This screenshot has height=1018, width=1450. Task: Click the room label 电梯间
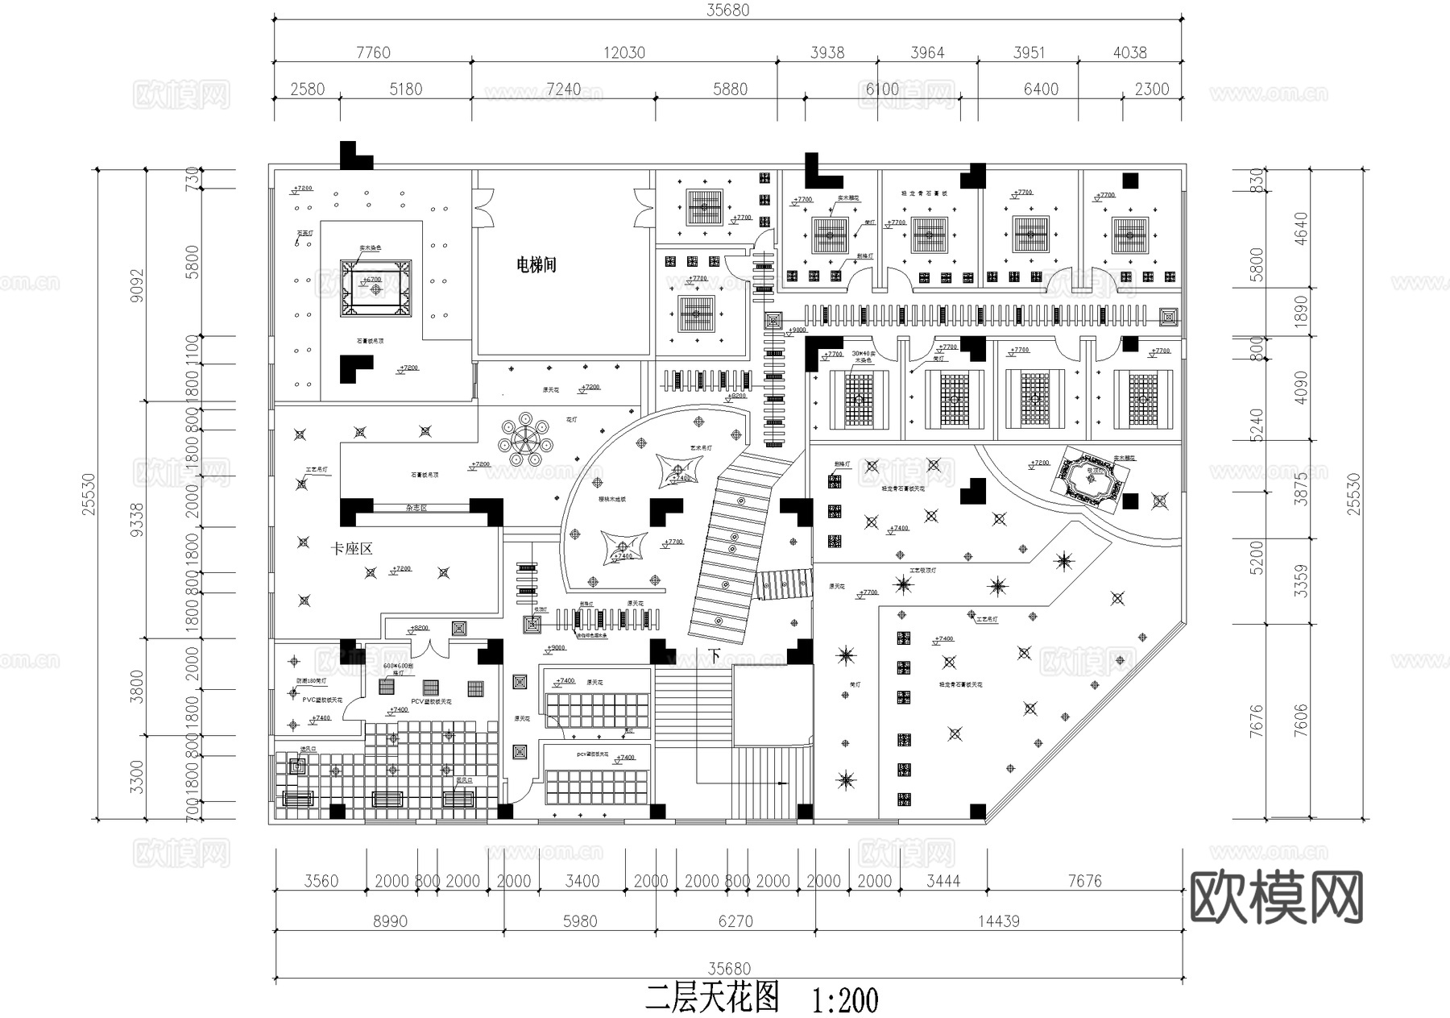coord(536,264)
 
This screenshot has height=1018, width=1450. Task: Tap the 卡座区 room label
coord(352,549)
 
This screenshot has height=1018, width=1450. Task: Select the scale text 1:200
coord(845,1001)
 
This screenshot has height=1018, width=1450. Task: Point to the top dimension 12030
coord(624,52)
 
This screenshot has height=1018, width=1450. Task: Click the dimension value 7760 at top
coord(373,52)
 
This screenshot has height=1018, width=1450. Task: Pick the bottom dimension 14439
coord(999,921)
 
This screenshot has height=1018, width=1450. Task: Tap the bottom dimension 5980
coord(580,921)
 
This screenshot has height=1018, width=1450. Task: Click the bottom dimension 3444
coord(943,881)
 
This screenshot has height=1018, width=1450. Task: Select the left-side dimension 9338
coord(138,520)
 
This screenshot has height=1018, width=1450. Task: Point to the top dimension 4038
coord(1129,52)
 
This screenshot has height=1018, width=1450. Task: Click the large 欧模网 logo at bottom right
coord(1277,896)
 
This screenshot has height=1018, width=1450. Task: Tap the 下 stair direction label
coord(715,656)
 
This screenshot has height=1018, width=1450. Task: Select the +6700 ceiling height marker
coord(372,280)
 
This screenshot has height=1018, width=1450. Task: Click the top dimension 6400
coord(1041,89)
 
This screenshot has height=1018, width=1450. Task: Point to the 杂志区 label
coord(416,509)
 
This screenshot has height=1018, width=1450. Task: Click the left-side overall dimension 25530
coord(89,494)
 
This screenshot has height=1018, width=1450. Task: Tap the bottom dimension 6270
coord(735,921)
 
